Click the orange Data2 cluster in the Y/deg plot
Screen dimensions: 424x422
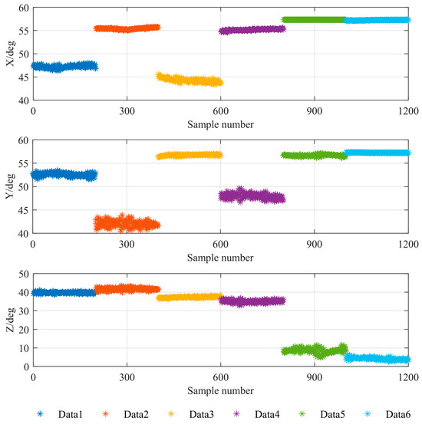(x=127, y=224)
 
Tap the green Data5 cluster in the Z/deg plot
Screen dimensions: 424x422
(x=314, y=350)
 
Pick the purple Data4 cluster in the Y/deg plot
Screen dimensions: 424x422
(x=252, y=196)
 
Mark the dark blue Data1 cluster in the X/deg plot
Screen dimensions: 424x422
(x=64, y=67)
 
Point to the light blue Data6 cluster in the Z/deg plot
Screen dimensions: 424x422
(x=377, y=358)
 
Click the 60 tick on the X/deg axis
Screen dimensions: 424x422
(x=21, y=8)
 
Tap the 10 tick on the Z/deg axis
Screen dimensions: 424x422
(x=21, y=348)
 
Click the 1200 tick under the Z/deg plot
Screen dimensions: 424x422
(x=407, y=378)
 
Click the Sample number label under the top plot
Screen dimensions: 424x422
(x=220, y=123)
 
